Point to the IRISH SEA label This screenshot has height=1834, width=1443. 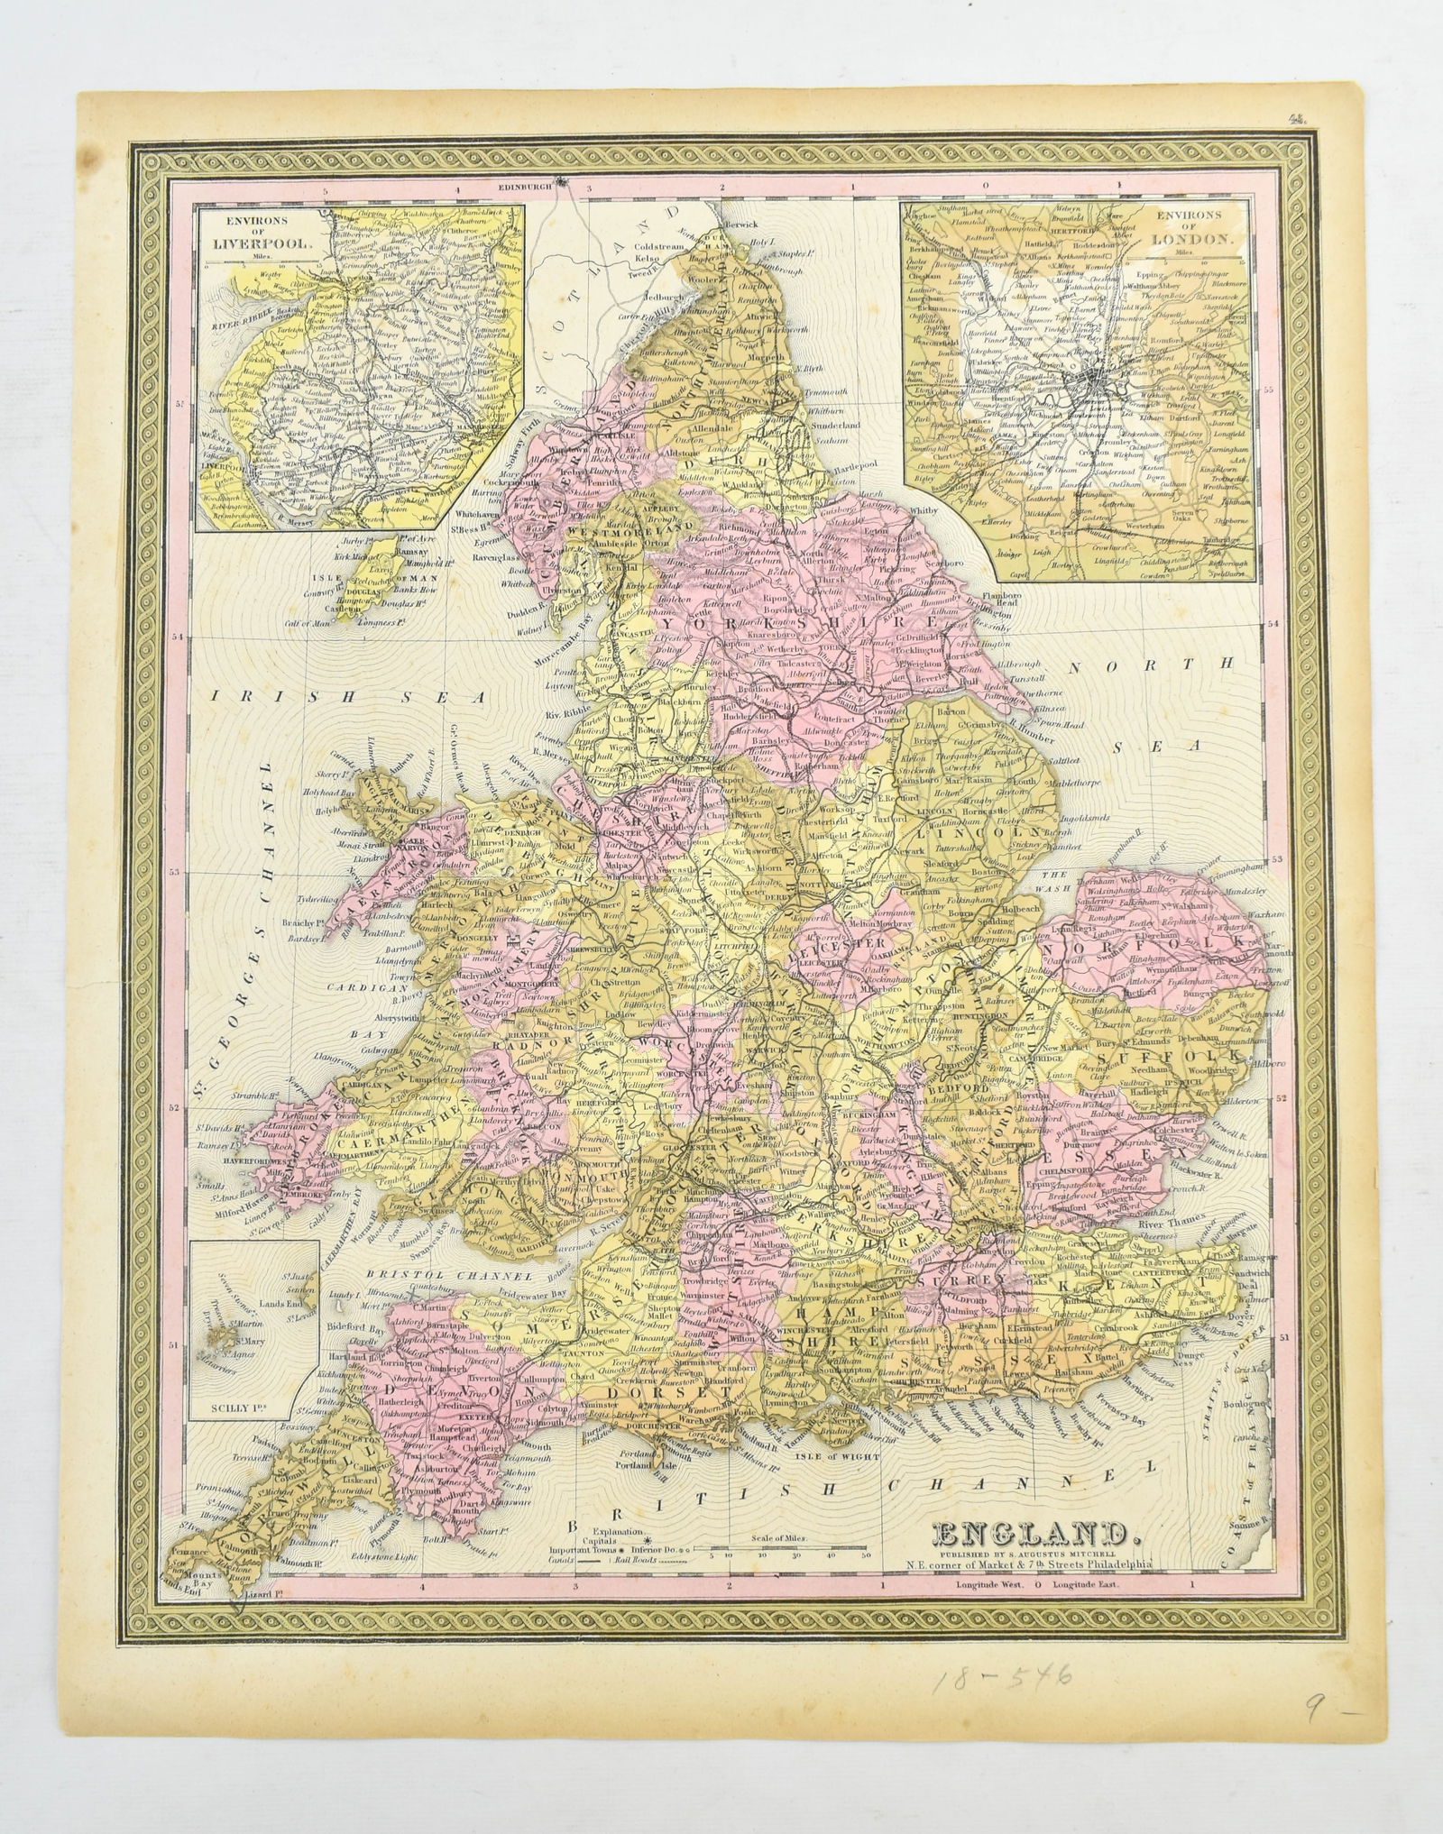pyautogui.click(x=347, y=697)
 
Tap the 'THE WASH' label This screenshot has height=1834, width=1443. pyautogui.click(x=1054, y=879)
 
